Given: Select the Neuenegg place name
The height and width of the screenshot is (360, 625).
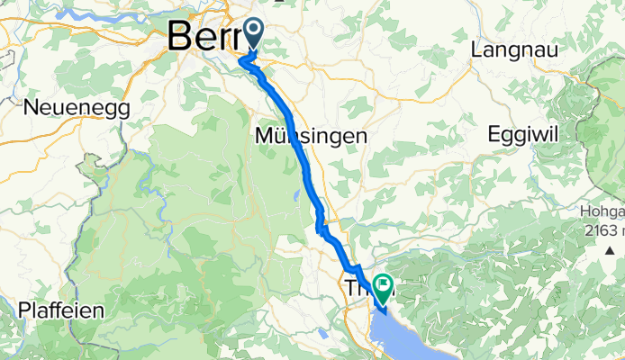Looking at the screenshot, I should point(77,107).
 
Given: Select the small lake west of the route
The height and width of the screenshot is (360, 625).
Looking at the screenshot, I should point(294,194).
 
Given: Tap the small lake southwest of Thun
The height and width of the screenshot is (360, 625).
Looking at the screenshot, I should point(322,334).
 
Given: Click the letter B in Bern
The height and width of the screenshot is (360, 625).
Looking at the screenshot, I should point(178,38).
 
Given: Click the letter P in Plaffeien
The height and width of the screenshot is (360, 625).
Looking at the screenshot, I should point(24,310).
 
